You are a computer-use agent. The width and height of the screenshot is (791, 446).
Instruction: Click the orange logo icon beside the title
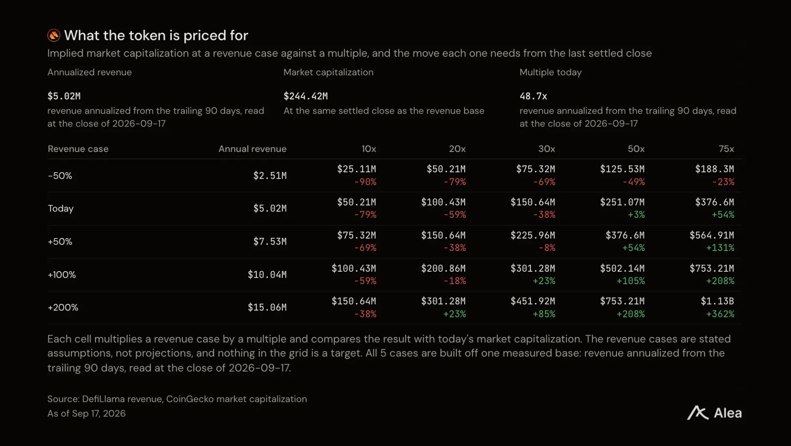[54, 35]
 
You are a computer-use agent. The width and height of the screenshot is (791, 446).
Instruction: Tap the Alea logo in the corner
[714, 413]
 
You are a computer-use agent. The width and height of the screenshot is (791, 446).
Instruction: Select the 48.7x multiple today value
[533, 96]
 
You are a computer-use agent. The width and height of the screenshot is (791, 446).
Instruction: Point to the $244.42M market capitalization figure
[305, 96]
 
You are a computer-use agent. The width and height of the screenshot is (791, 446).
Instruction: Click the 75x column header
[726, 149]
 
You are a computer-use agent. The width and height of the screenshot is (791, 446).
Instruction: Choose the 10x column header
[368, 149]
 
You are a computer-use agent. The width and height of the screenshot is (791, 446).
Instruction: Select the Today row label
[61, 209]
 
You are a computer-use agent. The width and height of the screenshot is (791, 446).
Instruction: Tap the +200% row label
[63, 307]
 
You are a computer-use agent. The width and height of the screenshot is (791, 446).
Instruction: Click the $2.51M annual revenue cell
[270, 176]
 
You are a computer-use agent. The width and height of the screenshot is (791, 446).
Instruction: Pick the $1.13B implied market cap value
[717, 301]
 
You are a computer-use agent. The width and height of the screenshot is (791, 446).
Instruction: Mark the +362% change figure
[720, 314]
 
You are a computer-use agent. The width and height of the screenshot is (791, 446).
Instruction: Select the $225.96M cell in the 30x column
[533, 235]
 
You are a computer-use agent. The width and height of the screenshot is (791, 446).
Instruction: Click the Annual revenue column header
[252, 149]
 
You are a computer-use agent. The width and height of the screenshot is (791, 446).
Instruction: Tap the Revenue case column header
[78, 149]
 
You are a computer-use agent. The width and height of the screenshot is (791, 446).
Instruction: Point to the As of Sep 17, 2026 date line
[86, 413]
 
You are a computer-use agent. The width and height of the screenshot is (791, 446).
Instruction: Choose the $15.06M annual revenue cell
[267, 307]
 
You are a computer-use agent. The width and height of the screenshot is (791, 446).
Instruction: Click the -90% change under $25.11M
[365, 182]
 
